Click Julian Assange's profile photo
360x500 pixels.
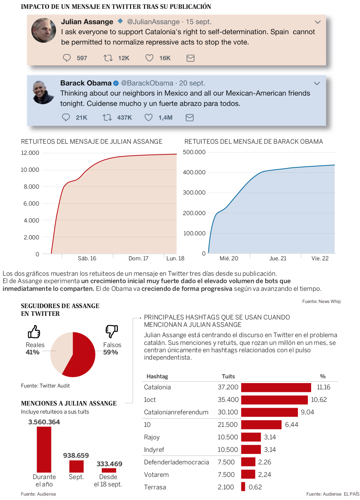(x=44, y=31)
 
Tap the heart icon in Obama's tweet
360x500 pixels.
(x=148, y=117)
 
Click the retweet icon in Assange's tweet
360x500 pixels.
(x=108, y=58)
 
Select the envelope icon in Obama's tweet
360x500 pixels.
(x=190, y=118)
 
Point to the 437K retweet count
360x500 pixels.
(x=124, y=118)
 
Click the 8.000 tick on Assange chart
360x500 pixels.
(x=32, y=187)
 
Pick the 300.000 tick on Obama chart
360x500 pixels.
(x=194, y=193)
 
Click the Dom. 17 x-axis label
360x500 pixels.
(x=138, y=258)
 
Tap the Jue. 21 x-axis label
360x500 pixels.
(x=278, y=258)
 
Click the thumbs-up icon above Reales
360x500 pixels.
(x=34, y=332)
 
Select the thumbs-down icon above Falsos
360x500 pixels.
(x=112, y=331)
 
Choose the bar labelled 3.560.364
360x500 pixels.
(x=44, y=449)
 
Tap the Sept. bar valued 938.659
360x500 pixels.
(x=76, y=466)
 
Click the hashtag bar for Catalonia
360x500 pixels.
(x=276, y=387)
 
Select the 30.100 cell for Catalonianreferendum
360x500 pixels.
(x=228, y=412)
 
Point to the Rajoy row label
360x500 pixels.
(x=152, y=437)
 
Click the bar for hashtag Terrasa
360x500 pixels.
(x=243, y=487)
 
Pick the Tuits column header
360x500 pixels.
(x=228, y=376)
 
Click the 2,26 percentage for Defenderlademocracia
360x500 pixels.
(x=264, y=462)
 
